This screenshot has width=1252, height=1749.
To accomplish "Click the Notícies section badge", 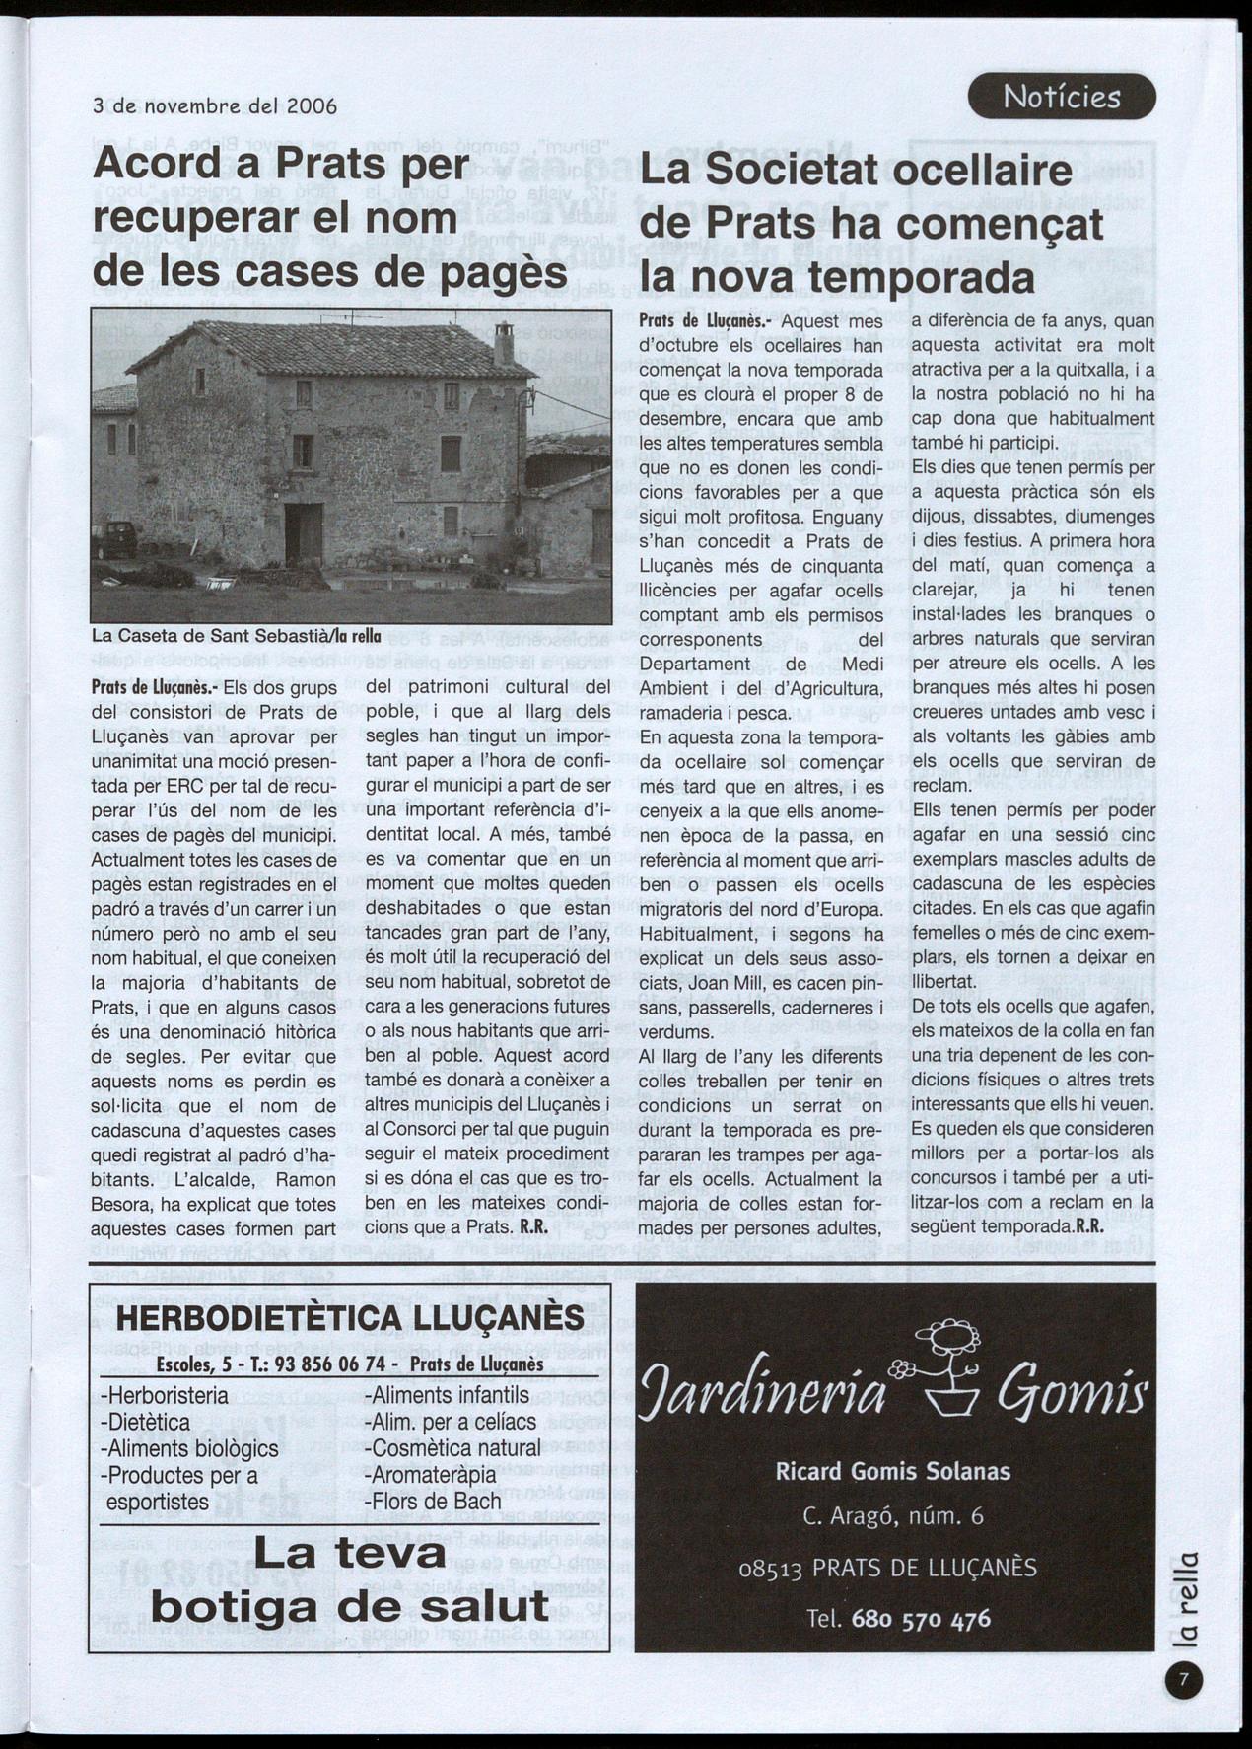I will (x=1062, y=97).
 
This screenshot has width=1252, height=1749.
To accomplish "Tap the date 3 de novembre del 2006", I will (x=214, y=105).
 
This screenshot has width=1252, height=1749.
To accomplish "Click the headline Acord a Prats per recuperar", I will (x=329, y=217).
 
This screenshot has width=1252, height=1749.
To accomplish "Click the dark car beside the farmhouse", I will (x=115, y=539).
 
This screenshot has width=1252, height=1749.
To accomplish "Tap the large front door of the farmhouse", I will (x=304, y=533).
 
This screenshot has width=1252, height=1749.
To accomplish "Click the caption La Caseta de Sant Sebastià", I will (x=237, y=636).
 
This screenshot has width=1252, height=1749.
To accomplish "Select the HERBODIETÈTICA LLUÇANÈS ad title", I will (x=350, y=1317).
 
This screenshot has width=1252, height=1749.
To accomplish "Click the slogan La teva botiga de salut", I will (x=350, y=1579).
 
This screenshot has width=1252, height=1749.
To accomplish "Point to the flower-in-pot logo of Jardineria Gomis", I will (x=942, y=1366).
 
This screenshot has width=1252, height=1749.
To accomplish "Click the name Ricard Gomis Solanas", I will (x=893, y=1471).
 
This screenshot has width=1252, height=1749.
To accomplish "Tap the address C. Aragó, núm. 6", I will (x=893, y=1516).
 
